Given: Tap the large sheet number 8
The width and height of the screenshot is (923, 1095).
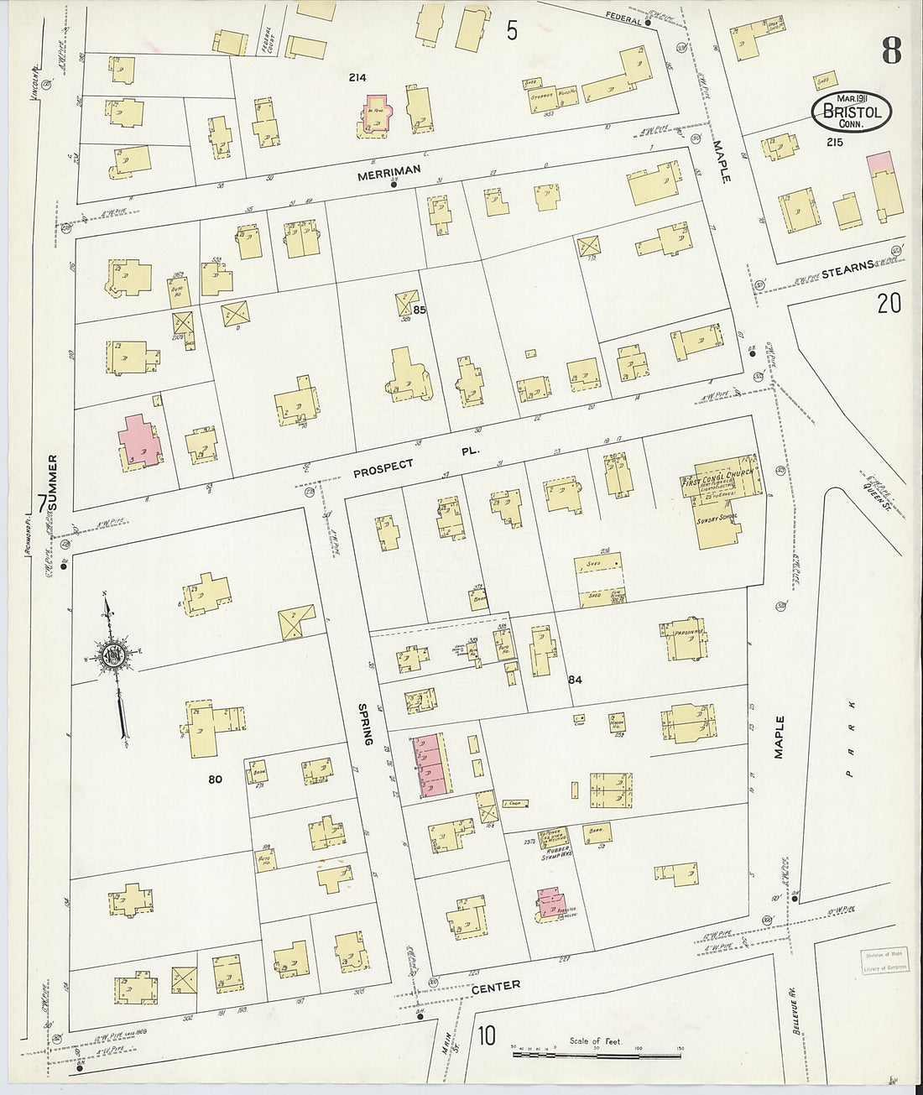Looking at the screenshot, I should click(890, 51).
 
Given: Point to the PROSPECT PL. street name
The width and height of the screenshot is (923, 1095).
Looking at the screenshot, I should click(415, 460).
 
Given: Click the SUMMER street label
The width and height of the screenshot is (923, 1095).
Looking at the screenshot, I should click(53, 484).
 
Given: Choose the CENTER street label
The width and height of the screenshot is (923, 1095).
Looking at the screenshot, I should click(495, 986).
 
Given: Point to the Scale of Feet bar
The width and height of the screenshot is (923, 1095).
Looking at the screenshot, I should click(596, 1049).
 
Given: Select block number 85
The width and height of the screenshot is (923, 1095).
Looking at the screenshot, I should click(420, 310).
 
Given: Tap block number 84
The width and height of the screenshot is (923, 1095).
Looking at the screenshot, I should click(575, 679).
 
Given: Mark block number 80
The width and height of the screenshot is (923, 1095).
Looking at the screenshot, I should click(215, 780).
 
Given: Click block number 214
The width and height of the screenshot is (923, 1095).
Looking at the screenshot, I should click(357, 78).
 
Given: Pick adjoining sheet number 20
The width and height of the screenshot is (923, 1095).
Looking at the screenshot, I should click(889, 303).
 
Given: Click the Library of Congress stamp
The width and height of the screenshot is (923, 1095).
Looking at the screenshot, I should click(883, 962).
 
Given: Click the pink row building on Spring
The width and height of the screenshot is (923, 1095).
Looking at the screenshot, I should click(429, 764).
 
